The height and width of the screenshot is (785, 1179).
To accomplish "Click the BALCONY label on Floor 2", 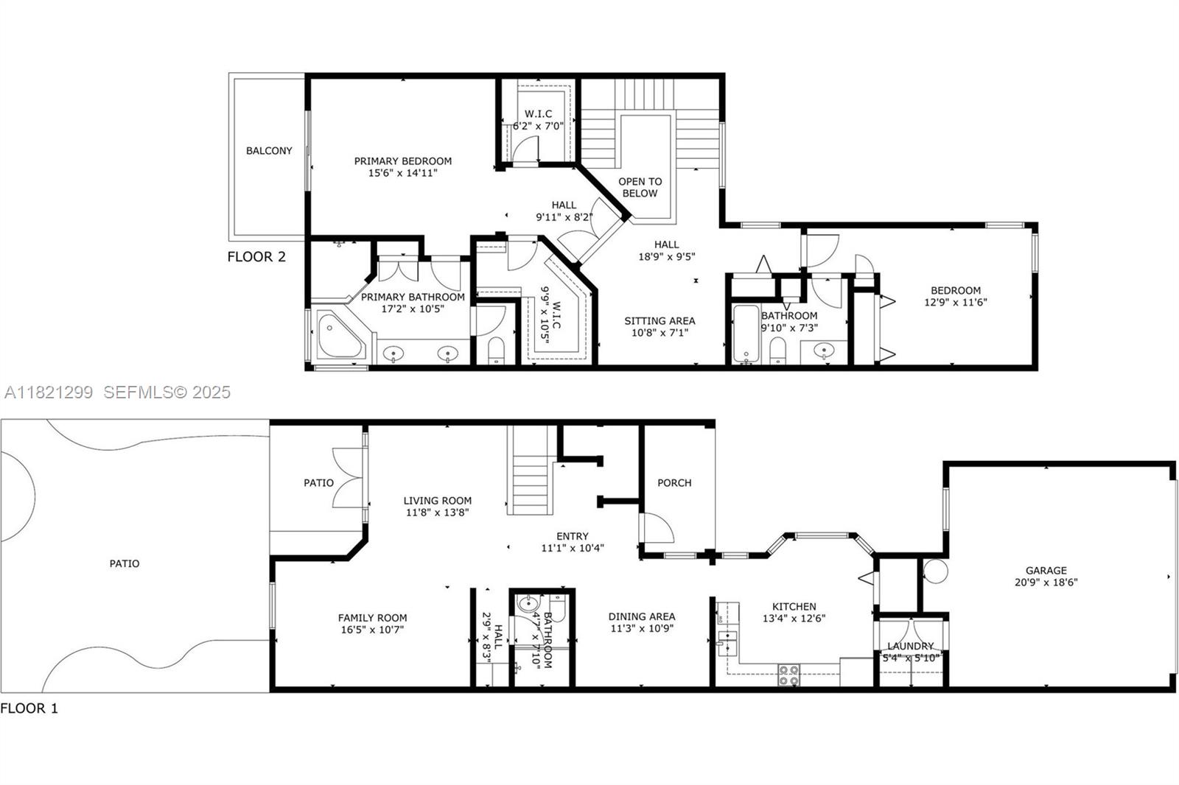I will (x=269, y=151).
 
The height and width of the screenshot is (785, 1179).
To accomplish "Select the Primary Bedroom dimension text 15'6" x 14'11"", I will (x=403, y=173).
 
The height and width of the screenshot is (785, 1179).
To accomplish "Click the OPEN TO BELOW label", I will (x=640, y=187).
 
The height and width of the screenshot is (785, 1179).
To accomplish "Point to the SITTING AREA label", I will (x=660, y=321).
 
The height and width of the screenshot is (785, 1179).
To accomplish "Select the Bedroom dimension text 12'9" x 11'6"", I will (x=955, y=302).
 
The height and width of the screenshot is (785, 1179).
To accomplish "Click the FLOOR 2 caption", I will (x=256, y=257).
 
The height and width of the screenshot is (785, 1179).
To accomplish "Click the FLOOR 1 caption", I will (x=29, y=708).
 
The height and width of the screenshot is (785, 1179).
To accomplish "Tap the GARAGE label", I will (x=1046, y=570).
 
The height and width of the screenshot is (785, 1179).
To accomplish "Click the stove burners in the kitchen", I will (x=788, y=675).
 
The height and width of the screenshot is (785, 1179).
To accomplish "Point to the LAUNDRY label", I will (x=910, y=646).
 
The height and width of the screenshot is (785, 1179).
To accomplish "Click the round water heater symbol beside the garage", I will (x=935, y=571).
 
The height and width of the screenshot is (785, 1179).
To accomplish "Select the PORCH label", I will (x=674, y=483).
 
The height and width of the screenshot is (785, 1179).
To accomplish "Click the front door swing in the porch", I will (x=656, y=529).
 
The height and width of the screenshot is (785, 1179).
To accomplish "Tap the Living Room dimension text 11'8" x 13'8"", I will (x=437, y=512).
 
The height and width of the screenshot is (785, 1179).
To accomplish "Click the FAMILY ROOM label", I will (x=372, y=618).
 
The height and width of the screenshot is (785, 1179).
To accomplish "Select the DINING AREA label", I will (x=641, y=616).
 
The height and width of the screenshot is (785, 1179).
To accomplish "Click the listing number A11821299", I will (x=49, y=392).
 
